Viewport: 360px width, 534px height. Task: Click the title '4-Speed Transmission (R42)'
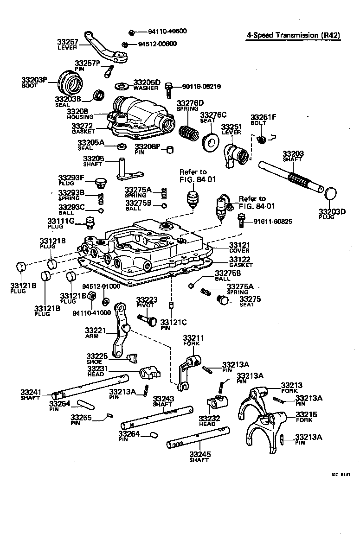292,35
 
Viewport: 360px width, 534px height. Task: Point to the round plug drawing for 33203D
329,195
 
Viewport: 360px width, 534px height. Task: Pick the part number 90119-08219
201,86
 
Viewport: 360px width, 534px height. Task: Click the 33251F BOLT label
263,120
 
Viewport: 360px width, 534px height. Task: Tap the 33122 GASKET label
240,262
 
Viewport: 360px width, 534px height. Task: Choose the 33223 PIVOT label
147,303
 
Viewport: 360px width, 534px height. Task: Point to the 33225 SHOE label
96,358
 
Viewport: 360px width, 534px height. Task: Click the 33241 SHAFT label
31,394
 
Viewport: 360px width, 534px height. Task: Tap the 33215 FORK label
306,416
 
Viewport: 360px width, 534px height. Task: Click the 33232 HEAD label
207,420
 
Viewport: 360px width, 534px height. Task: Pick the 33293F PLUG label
71,180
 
